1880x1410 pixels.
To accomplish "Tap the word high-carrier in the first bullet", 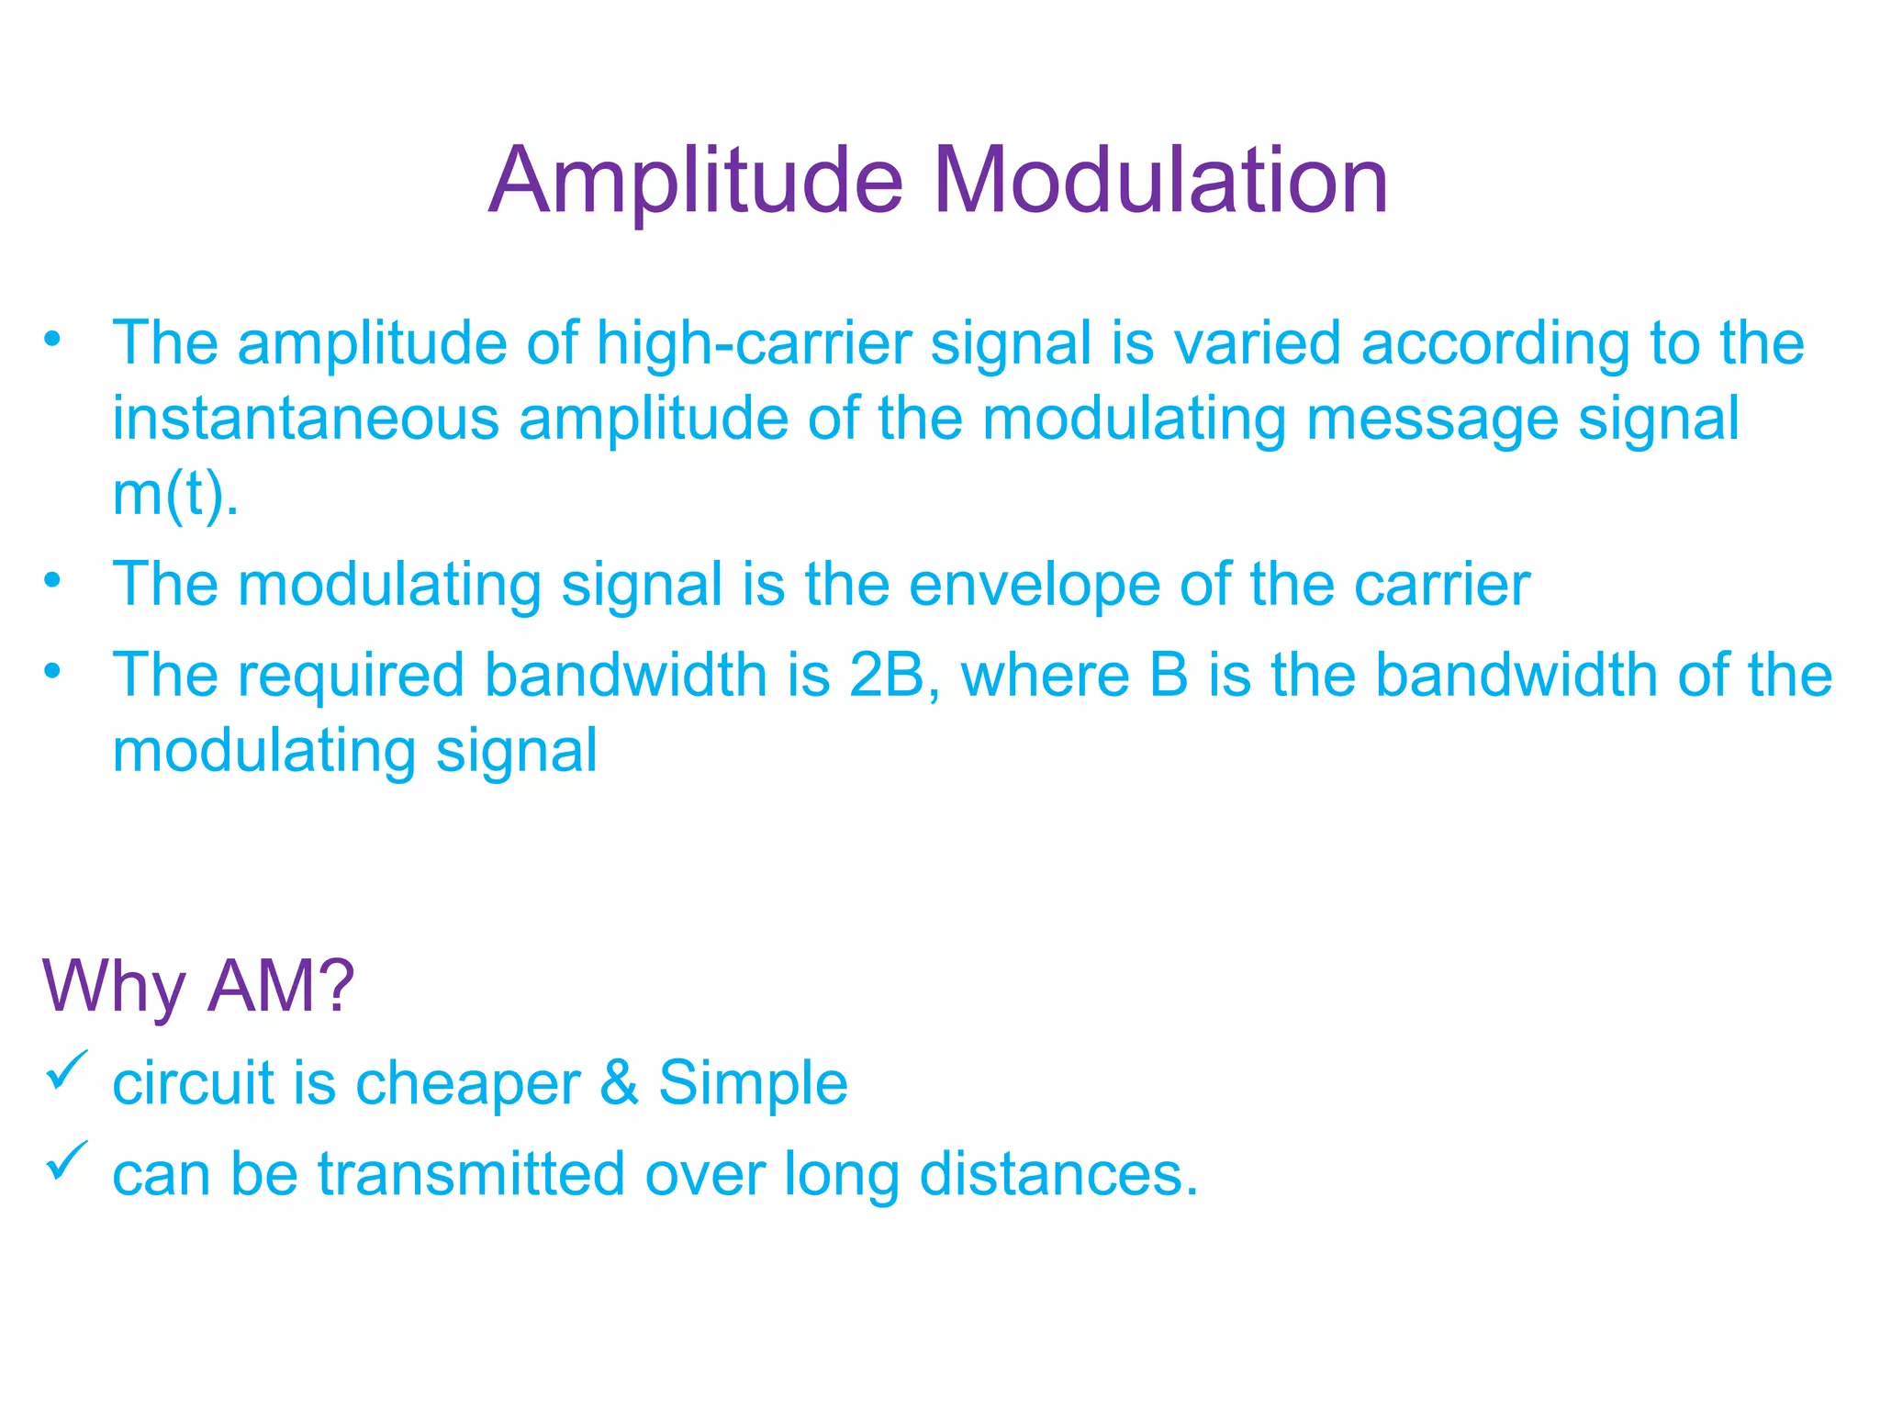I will click(x=754, y=343).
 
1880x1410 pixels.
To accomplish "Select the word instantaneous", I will click(x=306, y=419).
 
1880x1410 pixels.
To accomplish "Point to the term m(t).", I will click(x=173, y=495).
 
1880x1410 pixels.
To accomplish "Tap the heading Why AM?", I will click(x=198, y=986).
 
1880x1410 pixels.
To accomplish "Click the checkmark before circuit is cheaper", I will click(x=67, y=1070).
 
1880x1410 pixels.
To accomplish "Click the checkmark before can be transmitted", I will click(x=67, y=1160).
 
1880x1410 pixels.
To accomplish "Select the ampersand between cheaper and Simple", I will click(x=620, y=1083).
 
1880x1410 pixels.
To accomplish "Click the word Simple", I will click(x=753, y=1083).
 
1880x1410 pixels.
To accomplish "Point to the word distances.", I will click(x=1057, y=1174).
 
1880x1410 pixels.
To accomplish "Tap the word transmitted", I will click(x=471, y=1174).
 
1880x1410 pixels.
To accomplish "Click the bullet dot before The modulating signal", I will click(x=52, y=580).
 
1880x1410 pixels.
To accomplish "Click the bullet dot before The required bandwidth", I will click(x=52, y=671).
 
